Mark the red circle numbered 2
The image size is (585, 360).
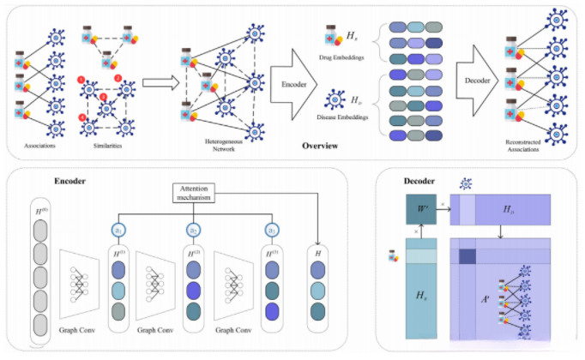(118, 80)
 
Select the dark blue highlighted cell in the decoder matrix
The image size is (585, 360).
(467, 256)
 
